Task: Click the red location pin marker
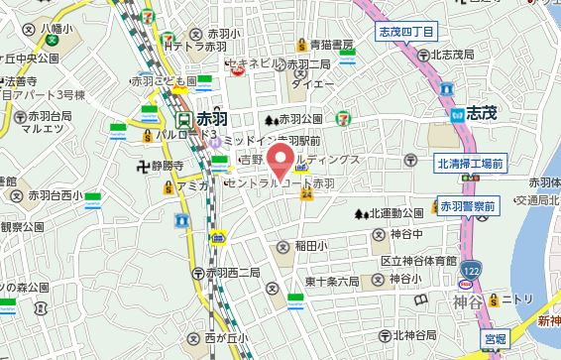[x=281, y=162]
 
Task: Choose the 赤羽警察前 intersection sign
[x=469, y=205]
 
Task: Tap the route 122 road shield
[x=476, y=269]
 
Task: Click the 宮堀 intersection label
[x=496, y=336]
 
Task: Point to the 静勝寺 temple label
[x=177, y=165]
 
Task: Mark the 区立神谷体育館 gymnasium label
[x=418, y=260]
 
